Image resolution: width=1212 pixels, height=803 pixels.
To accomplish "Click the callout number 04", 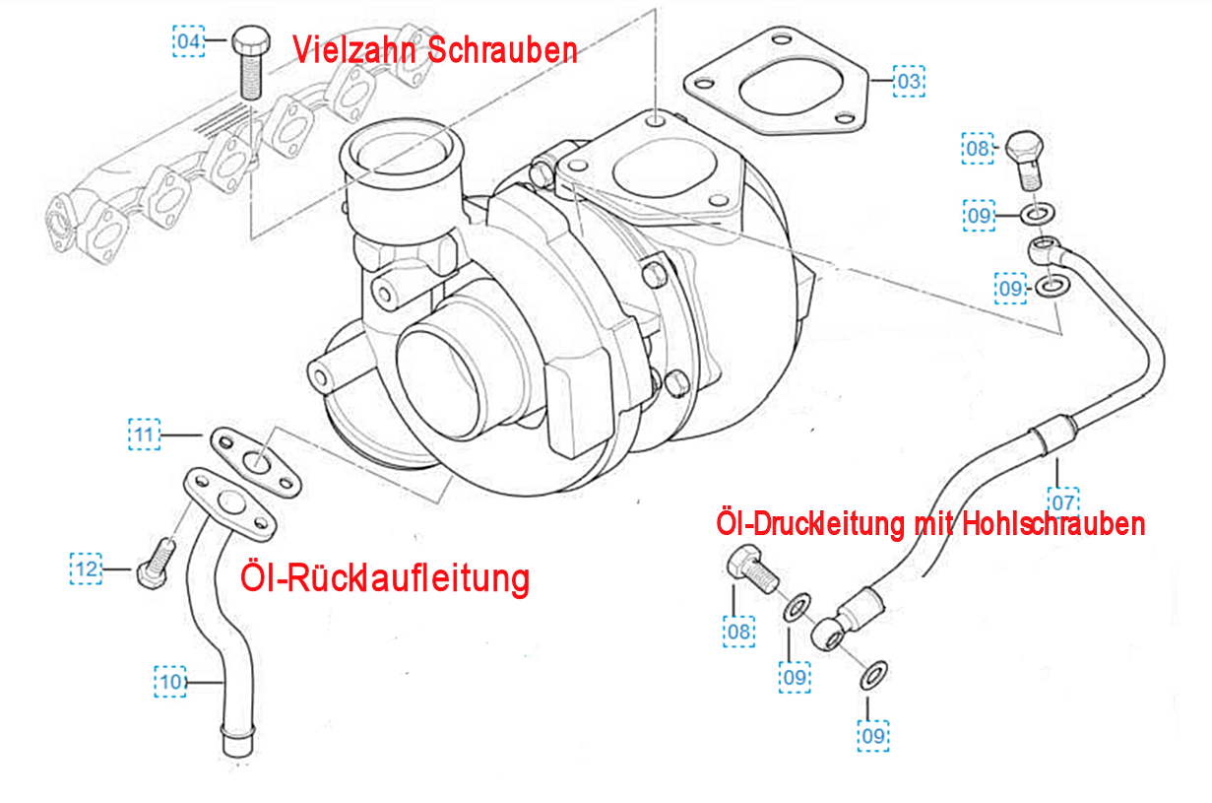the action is click(x=188, y=41).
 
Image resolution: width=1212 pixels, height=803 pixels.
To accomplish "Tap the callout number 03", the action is click(x=909, y=81).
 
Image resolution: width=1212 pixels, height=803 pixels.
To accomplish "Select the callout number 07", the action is click(x=1063, y=503).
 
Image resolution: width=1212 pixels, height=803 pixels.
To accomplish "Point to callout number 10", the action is click(x=170, y=681).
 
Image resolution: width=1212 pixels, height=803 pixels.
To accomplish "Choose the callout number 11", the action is click(x=145, y=435).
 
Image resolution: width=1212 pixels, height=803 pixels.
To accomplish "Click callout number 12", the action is click(x=86, y=569).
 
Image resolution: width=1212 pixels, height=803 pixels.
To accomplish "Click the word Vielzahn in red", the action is click(x=355, y=50).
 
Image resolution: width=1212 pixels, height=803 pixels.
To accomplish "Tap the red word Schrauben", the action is click(x=503, y=50).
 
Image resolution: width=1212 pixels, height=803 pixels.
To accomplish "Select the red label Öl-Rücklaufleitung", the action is click(x=385, y=578).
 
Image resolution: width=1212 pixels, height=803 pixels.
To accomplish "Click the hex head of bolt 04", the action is click(x=251, y=41).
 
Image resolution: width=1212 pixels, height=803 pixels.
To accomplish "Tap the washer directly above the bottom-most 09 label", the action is click(x=874, y=675).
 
